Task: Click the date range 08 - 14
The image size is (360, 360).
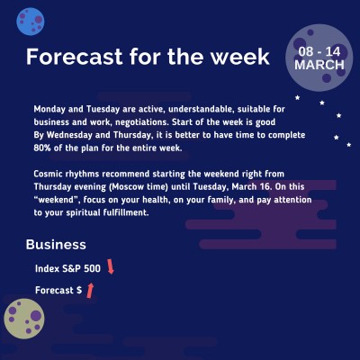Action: pyautogui.click(x=319, y=52)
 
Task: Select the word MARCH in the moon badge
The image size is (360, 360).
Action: pyautogui.click(x=319, y=66)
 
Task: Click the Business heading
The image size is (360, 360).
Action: pyautogui.click(x=56, y=244)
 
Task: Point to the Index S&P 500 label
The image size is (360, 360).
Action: pyautogui.click(x=67, y=268)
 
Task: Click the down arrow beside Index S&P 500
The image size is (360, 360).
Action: pyautogui.click(x=111, y=266)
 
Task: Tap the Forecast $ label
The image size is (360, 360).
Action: pyautogui.click(x=58, y=291)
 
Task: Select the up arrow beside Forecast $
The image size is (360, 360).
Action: pyautogui.click(x=91, y=289)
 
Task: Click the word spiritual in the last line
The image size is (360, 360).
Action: pyautogui.click(x=110, y=213)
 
